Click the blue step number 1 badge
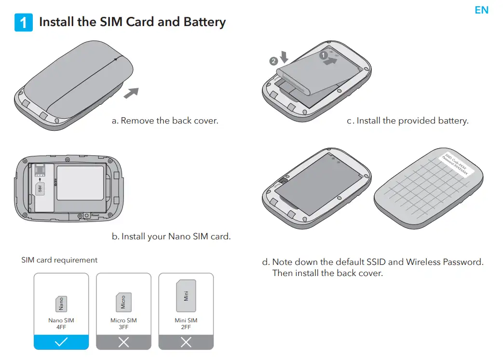pyautogui.click(x=24, y=23)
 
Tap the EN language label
pyautogui.click(x=481, y=10)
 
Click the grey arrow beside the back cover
pyautogui.click(x=131, y=93)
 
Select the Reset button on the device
pyautogui.click(x=87, y=215)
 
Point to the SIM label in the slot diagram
pyautogui.click(x=41, y=188)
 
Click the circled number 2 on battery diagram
pyautogui.click(x=273, y=61)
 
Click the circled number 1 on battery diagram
pyautogui.click(x=324, y=55)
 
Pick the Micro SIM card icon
pyautogui.click(x=123, y=302)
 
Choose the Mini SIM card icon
pyautogui.click(x=186, y=295)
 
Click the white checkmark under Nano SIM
pyautogui.click(x=61, y=342)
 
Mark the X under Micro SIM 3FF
pyautogui.click(x=123, y=342)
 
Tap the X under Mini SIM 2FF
pyautogui.click(x=186, y=342)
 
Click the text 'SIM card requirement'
pyautogui.click(x=59, y=260)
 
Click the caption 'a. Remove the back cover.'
pyautogui.click(x=165, y=121)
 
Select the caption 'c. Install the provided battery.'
pyautogui.click(x=408, y=121)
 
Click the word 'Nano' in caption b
pyautogui.click(x=180, y=236)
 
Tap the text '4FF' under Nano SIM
pyautogui.click(x=61, y=327)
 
